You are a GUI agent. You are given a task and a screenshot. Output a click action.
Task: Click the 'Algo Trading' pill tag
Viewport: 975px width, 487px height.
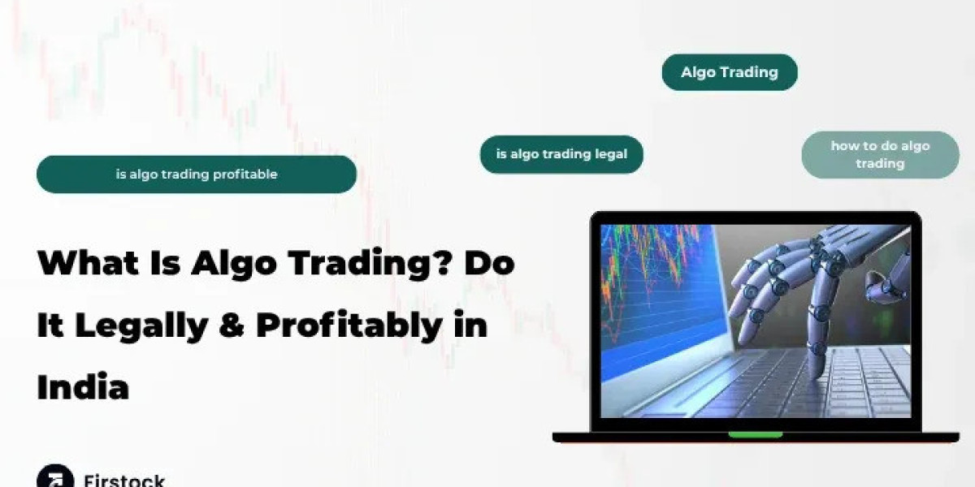pos(729,72)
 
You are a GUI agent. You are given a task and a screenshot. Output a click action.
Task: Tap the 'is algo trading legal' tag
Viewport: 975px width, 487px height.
pos(561,154)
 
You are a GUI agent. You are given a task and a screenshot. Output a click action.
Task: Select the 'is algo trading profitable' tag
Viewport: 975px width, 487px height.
pos(197,175)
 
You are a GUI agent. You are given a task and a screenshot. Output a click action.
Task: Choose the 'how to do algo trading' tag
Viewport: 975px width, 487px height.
pos(880,154)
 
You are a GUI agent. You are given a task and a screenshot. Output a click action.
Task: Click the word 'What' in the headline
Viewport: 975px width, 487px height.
pos(82,264)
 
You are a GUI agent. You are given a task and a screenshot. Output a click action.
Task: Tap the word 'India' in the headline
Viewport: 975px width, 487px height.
pos(83,386)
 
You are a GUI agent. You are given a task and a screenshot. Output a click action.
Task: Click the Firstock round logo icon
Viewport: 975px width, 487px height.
pos(54,477)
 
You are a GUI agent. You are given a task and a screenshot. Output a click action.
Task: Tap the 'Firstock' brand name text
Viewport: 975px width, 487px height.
pos(124,480)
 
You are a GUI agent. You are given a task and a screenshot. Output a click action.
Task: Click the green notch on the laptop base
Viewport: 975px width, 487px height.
pos(755,434)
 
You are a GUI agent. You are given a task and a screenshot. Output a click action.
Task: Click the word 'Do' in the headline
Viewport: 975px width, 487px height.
pos(490,264)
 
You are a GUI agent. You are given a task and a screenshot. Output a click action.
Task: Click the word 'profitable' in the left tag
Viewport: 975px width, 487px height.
pos(245,175)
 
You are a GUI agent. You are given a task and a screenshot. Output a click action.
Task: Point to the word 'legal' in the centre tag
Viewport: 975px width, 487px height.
pos(610,154)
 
